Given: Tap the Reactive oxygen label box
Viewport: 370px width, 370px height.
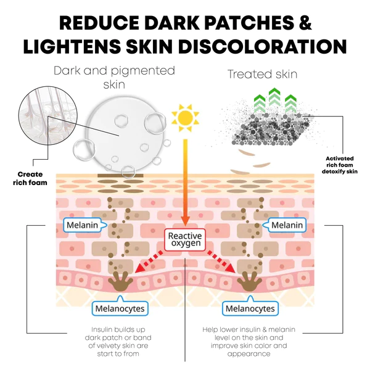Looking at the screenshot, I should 185,239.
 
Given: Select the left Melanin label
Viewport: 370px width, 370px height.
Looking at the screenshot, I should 82,224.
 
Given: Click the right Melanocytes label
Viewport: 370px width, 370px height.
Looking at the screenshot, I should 250,308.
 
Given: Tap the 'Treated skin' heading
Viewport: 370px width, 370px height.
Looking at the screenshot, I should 262,75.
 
